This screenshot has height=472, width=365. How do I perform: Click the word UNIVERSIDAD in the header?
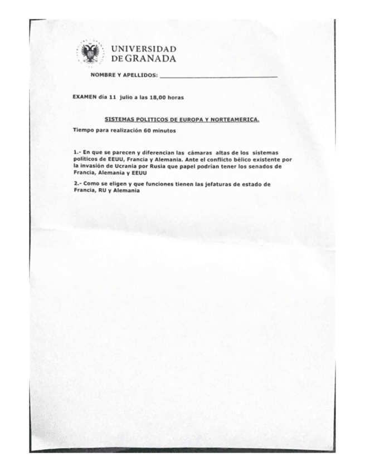144,50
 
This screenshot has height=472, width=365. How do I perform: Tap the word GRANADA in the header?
150,58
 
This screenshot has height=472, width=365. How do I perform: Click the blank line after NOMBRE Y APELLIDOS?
218,75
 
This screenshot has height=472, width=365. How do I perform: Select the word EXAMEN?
85,97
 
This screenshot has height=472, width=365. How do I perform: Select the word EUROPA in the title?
184,119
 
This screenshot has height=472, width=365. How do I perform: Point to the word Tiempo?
85,130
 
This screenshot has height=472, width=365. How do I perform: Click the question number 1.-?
77,152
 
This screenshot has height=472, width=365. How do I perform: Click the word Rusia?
157,166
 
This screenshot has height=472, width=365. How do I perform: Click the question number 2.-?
77,184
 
